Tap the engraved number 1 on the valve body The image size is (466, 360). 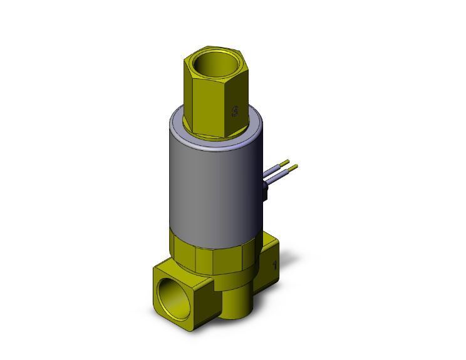click(x=274, y=265)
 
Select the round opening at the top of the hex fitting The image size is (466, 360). click(x=214, y=64)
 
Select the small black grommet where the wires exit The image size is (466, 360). click(x=266, y=191)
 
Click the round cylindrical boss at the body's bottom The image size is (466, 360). click(x=235, y=304)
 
